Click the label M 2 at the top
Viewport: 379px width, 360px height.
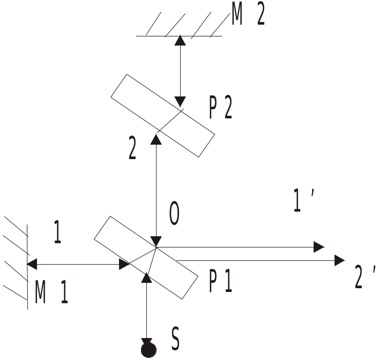tap(248, 15)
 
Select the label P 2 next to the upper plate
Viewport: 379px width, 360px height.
tap(220, 109)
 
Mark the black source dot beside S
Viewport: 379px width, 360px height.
tap(148, 350)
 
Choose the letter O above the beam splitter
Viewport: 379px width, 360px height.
tap(174, 213)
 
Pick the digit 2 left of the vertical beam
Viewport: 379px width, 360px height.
tap(132, 147)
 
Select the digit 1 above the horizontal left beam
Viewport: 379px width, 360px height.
tap(57, 231)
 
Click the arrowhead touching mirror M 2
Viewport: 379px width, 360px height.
tap(180, 40)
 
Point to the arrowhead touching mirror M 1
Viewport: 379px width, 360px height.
tap(32, 264)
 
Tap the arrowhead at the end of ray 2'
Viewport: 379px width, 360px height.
tap(340, 260)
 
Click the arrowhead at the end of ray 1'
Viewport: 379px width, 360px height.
tap(319, 247)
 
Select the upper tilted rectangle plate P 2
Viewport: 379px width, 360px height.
tap(162, 116)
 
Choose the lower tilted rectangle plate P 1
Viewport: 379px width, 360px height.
tap(146, 258)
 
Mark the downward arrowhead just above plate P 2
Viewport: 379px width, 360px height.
tap(180, 102)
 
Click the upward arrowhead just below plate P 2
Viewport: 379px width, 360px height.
tap(156, 139)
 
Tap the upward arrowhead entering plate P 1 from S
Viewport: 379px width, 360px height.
tap(146, 277)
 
